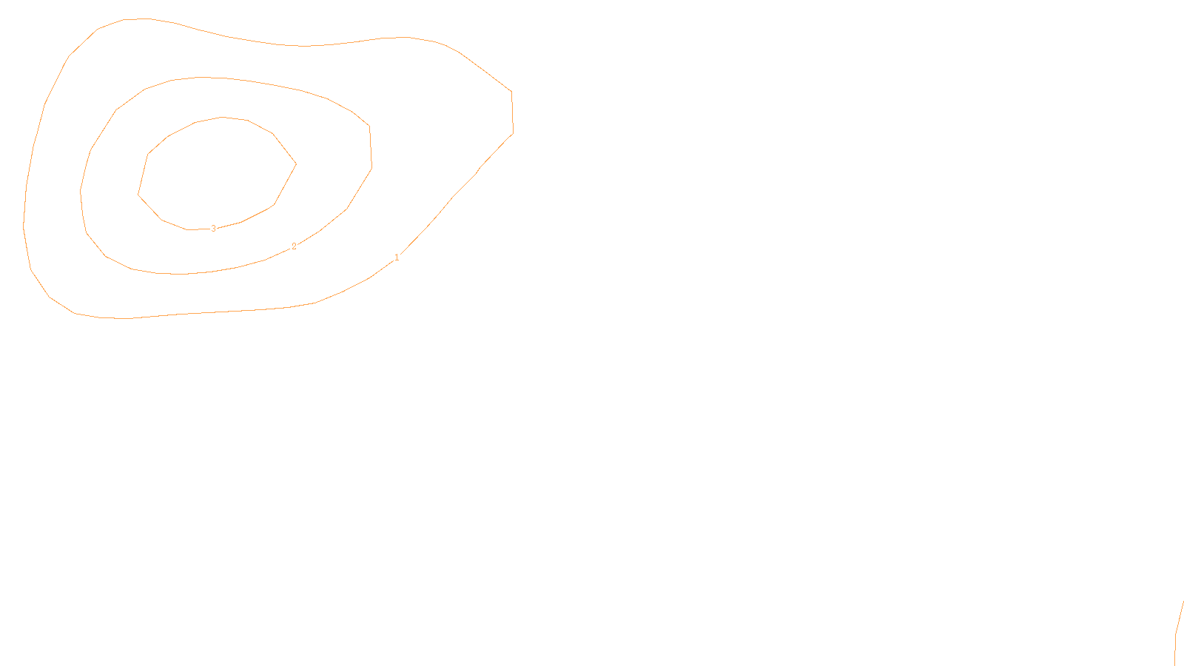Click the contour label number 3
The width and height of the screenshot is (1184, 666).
pos(214,229)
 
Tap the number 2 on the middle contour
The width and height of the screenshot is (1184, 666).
pos(294,246)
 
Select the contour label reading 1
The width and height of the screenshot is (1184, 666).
pos(397,258)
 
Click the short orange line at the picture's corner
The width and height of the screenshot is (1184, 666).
pos(1179,629)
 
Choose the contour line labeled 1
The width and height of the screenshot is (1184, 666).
pos(512,111)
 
